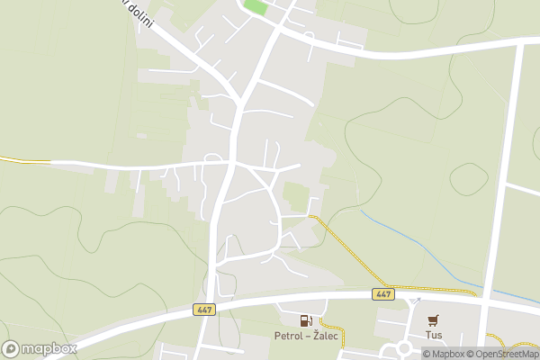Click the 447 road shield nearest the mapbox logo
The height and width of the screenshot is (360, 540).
[202, 309]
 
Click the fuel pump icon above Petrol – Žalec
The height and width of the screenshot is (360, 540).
[307, 320]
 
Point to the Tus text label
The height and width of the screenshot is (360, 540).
[435, 335]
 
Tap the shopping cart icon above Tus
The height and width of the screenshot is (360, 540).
[434, 319]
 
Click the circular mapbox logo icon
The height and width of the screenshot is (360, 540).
[12, 348]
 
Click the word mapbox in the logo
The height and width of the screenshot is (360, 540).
[49, 348]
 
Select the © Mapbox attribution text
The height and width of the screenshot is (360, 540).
[445, 354]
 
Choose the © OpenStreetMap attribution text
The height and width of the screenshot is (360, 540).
[502, 354]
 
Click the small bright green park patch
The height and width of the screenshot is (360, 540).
[256, 7]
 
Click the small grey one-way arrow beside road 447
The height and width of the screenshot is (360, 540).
[417, 300]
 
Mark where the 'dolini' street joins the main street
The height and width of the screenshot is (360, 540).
[238, 101]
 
